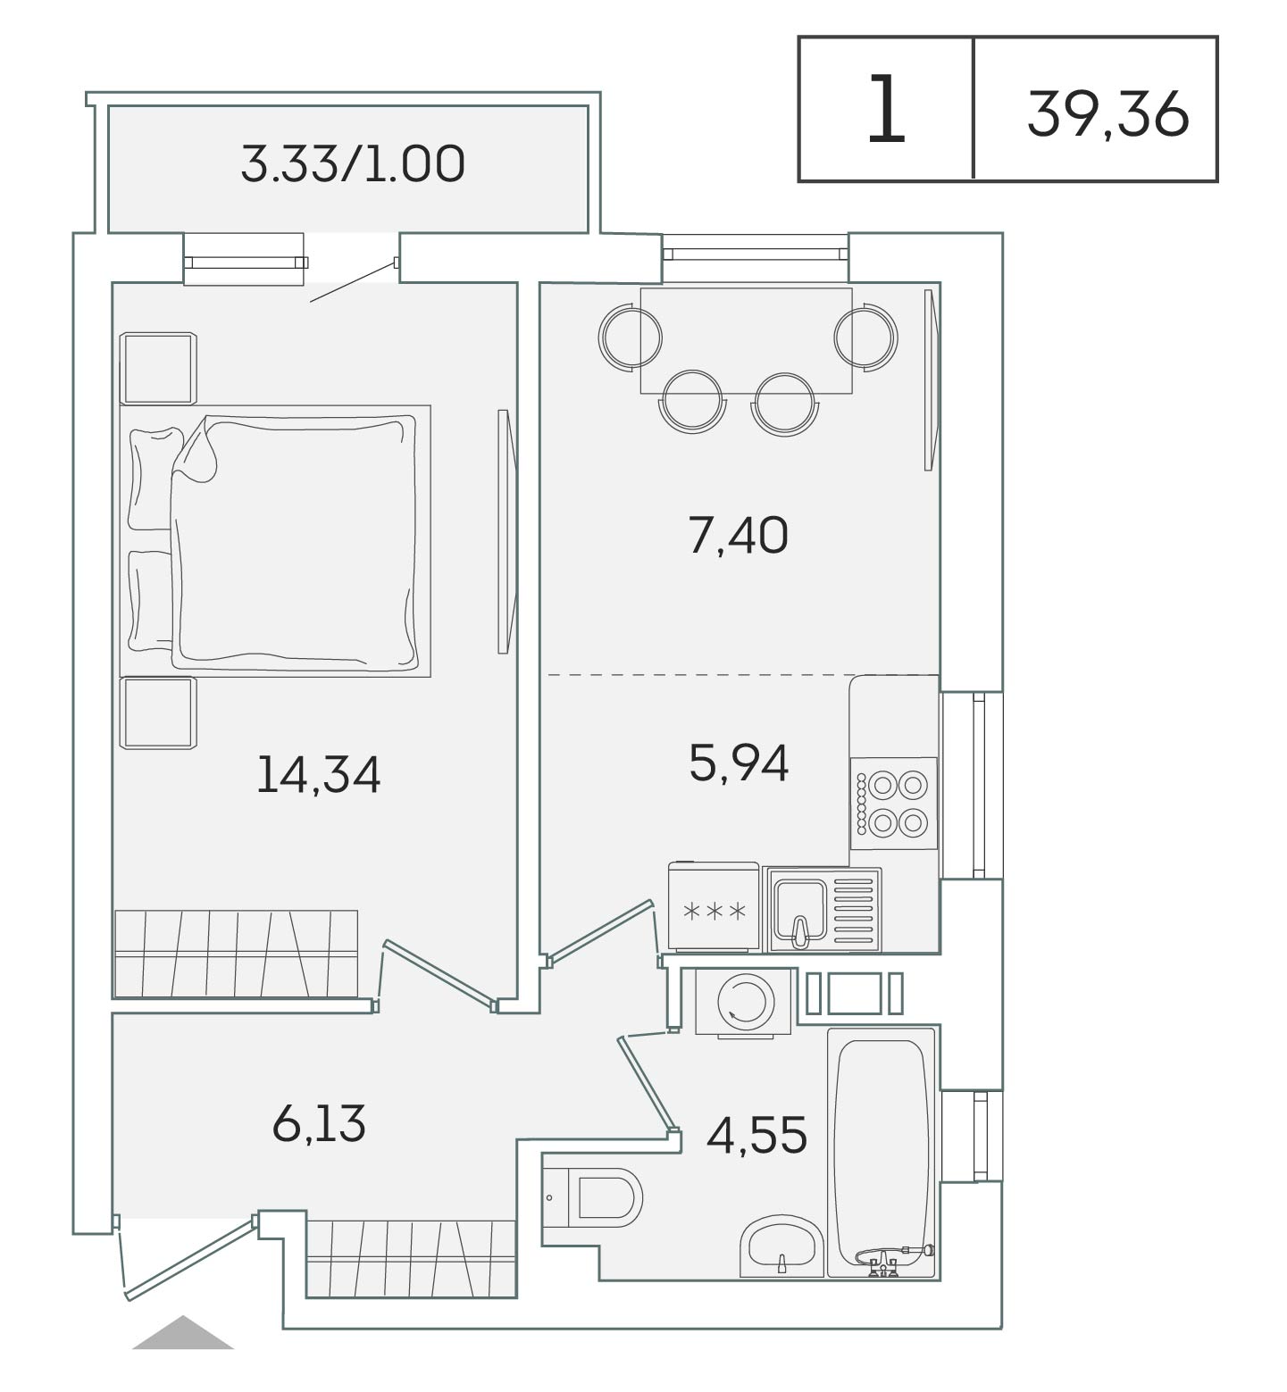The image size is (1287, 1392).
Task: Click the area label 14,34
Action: click(x=318, y=775)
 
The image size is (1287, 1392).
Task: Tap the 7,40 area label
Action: click(x=739, y=537)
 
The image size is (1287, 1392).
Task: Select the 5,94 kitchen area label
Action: click(x=739, y=763)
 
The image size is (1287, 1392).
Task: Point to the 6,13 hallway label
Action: click(x=319, y=1123)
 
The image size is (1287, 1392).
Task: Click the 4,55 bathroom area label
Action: click(x=756, y=1135)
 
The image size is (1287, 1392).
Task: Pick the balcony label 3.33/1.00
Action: click(x=353, y=164)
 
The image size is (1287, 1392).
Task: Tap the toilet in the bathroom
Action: click(x=592, y=1198)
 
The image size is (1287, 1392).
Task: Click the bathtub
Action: click(x=882, y=1153)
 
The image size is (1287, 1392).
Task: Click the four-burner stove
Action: click(x=893, y=803)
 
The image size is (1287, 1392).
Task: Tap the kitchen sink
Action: click(x=822, y=909)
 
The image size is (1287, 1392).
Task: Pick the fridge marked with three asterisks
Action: click(x=714, y=906)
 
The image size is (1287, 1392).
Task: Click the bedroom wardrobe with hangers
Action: click(x=237, y=953)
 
